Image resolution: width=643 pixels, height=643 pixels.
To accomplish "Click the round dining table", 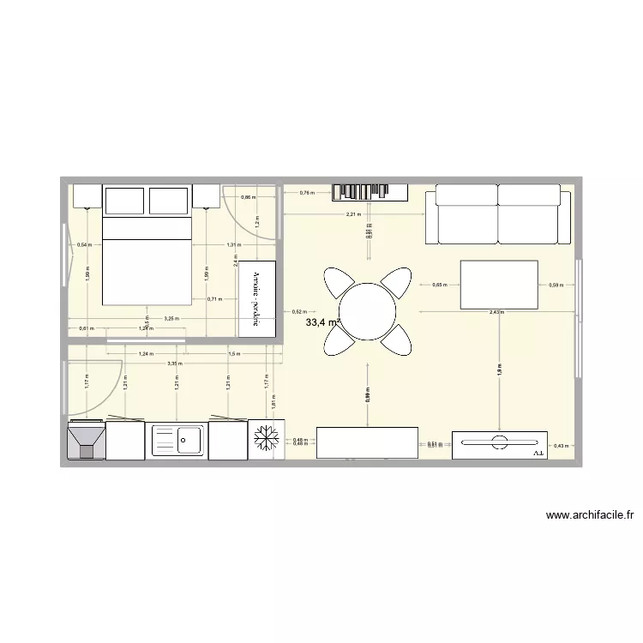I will (367, 311).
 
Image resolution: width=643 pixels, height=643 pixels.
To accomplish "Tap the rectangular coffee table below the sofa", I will (499, 284).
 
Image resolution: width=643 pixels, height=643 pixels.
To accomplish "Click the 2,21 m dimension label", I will (352, 214).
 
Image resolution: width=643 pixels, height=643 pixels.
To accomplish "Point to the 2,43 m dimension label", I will (496, 313).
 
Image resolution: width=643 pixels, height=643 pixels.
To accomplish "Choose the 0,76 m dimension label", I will (306, 194).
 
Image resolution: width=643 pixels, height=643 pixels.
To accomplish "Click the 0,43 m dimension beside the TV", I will (560, 445).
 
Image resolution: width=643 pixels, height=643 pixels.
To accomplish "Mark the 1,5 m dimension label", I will (233, 353).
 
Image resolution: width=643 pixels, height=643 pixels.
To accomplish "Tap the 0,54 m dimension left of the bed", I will (84, 245).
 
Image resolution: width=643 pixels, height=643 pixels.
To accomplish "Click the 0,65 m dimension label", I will (438, 285).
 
